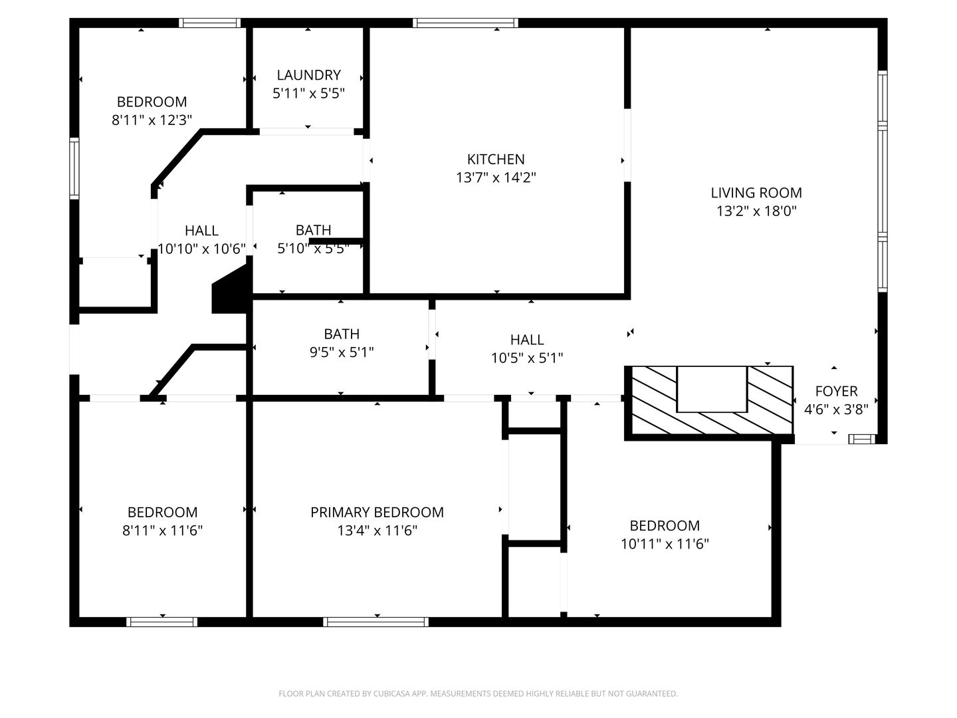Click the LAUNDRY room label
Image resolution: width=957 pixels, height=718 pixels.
pos(308,75)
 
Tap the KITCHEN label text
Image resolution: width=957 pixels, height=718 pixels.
pos(496,160)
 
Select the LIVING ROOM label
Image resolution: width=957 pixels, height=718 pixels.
pos(756,193)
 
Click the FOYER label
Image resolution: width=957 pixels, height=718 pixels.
pos(836,392)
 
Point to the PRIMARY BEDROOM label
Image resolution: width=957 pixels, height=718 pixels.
pos(377,512)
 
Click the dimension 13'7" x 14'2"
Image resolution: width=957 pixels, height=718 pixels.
pos(496,178)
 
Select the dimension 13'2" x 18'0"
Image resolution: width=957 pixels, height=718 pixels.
pos(756,211)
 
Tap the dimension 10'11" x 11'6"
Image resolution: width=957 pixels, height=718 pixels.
pos(665,544)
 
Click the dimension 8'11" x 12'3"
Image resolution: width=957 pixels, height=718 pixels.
pos(152,120)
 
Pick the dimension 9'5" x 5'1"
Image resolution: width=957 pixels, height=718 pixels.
pos(342,352)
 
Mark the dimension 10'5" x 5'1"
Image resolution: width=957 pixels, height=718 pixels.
pos(527,358)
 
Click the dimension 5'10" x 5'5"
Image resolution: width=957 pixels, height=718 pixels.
pos(313,249)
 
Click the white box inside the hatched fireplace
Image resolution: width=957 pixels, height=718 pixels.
pos(712,389)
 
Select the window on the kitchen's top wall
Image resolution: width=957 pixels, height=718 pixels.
pos(465,23)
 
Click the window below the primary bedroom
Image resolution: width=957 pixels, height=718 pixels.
pos(375,622)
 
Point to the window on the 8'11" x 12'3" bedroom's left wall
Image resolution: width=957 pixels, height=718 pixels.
pos(74,168)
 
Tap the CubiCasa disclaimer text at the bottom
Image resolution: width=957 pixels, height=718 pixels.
pos(478,693)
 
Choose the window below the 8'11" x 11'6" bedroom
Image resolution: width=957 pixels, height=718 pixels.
pos(162,622)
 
